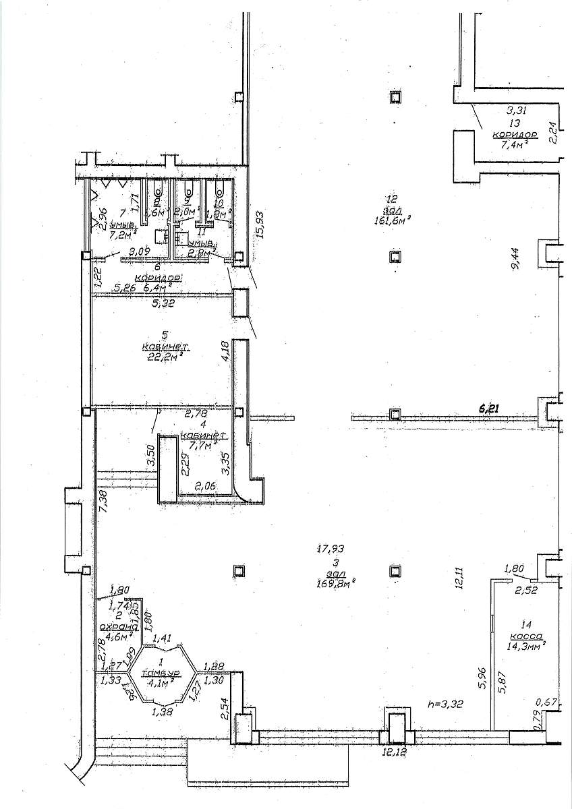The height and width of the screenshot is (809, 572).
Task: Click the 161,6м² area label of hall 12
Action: pos(393,219)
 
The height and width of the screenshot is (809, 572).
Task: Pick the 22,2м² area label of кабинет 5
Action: pos(162,357)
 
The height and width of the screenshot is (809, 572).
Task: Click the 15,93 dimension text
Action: pos(260,225)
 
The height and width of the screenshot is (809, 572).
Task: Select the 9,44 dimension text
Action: pos(517,259)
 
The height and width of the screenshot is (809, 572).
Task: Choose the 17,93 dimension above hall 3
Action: pos(331,548)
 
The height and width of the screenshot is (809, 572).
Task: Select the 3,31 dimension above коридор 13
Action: pos(515,109)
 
